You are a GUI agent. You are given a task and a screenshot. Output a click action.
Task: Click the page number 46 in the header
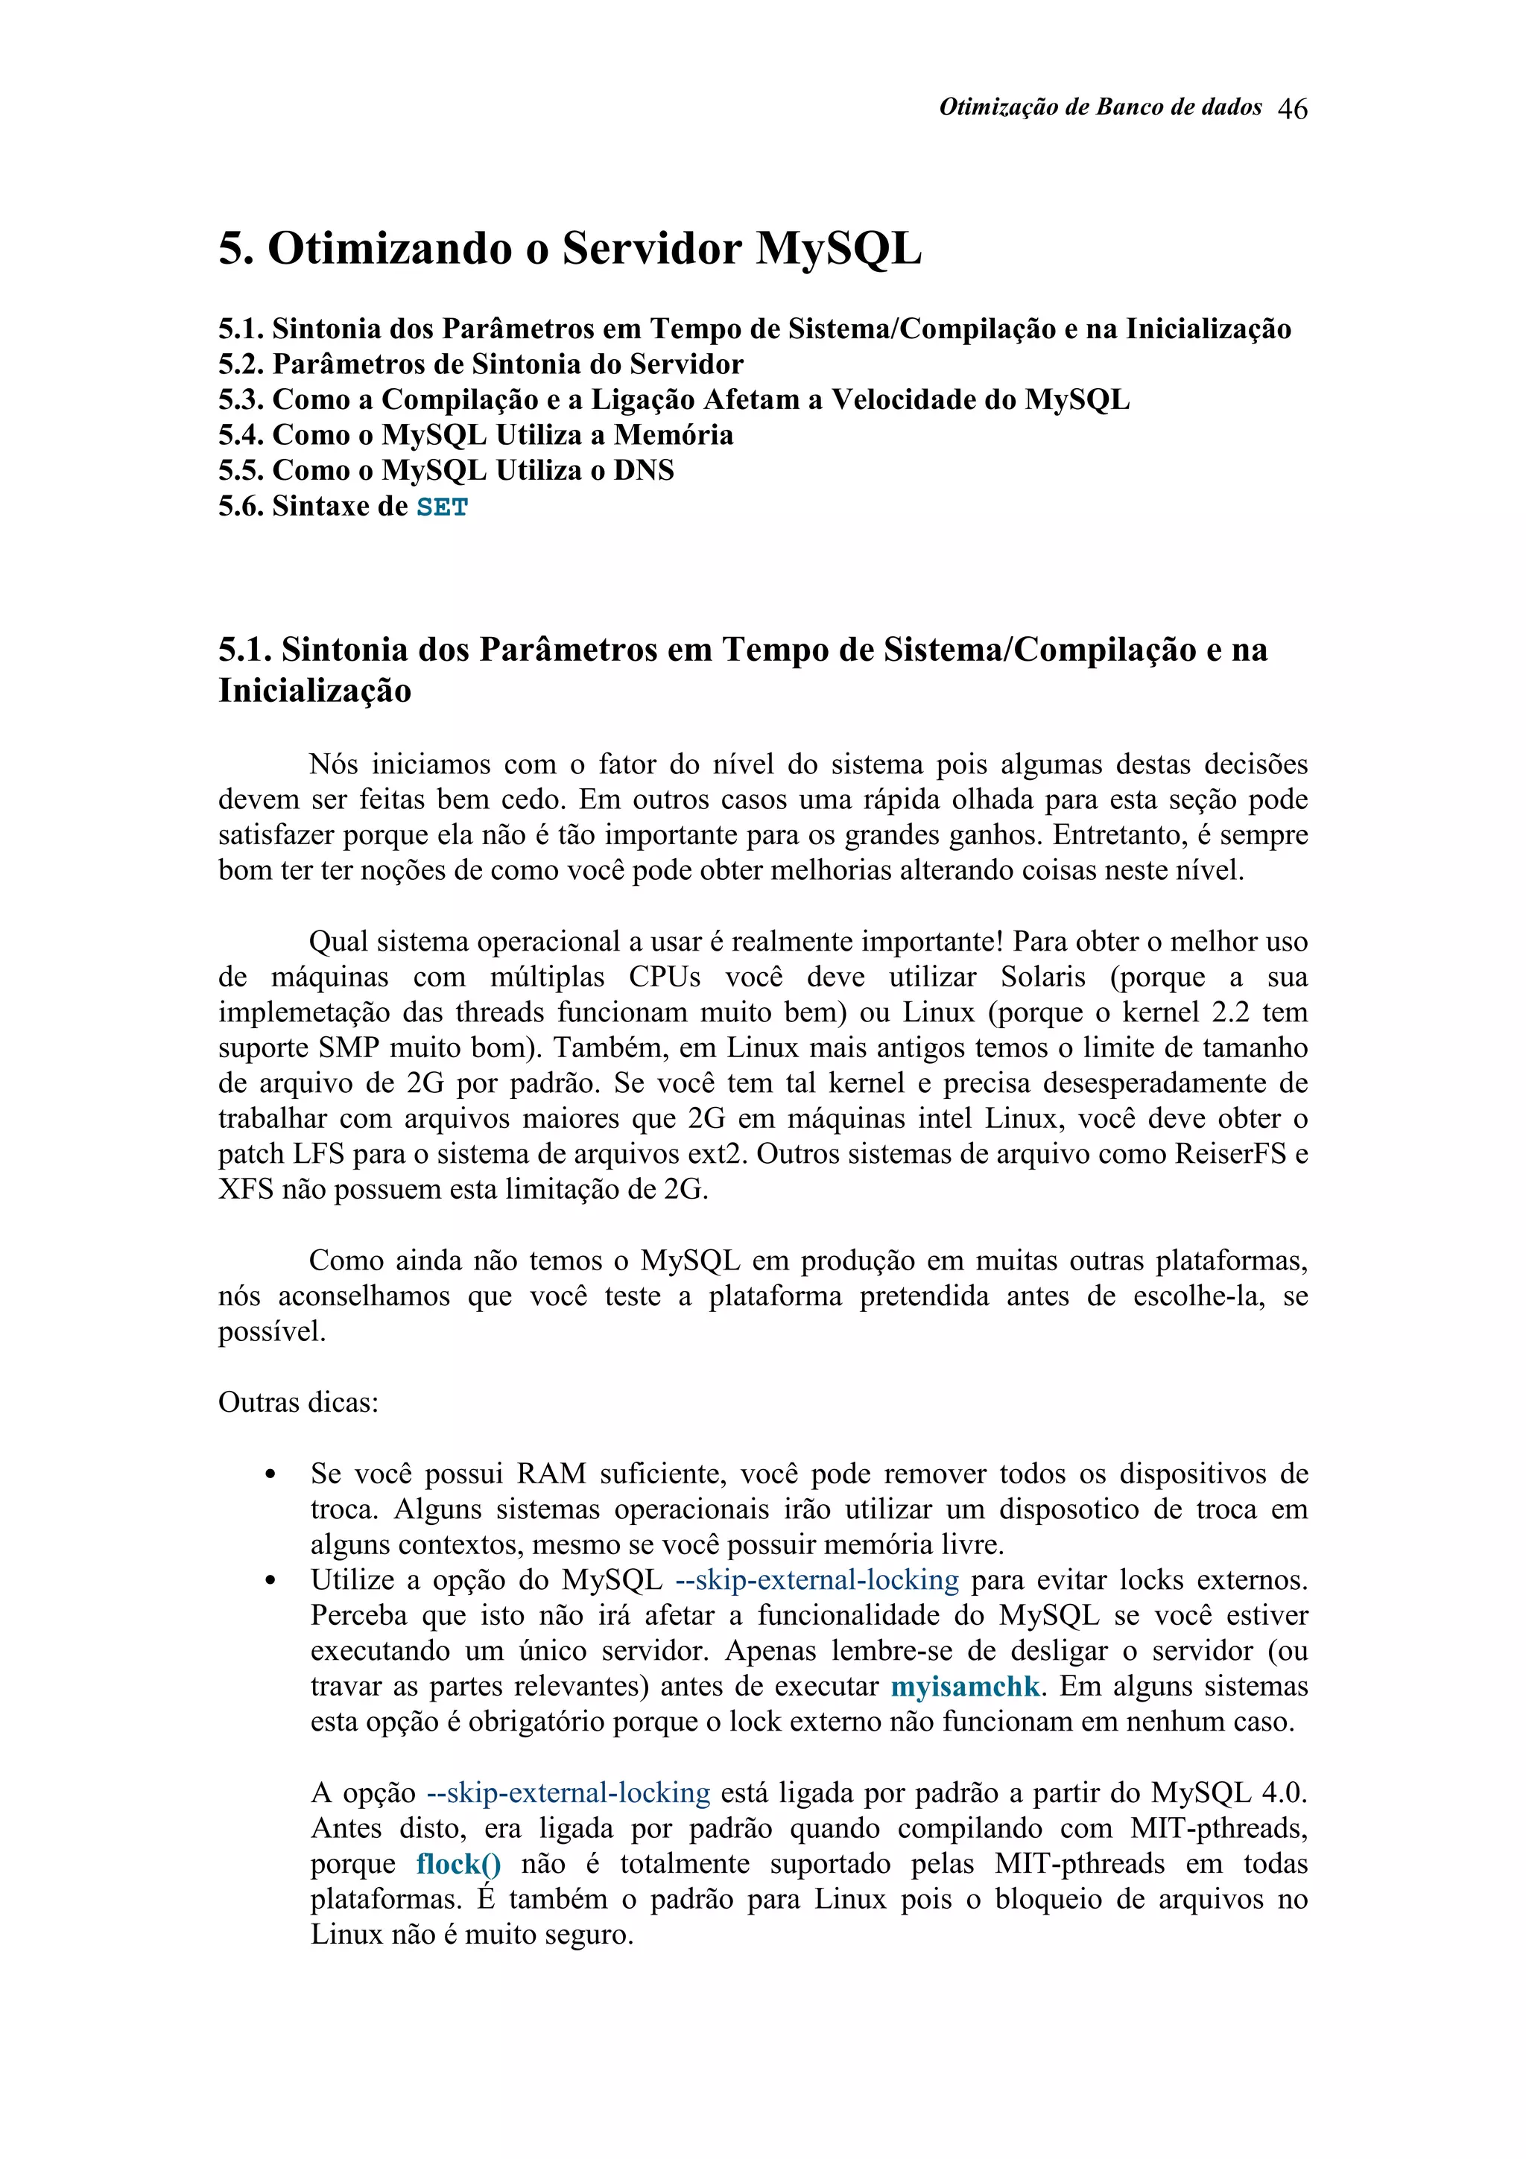click(1292, 109)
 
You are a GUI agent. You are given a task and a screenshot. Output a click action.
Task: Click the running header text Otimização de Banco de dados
click(1100, 107)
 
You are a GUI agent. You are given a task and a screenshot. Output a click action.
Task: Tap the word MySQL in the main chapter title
click(839, 249)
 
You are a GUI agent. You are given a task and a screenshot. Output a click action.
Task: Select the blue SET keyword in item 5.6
click(442, 508)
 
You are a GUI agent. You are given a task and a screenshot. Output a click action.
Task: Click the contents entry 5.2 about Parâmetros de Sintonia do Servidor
click(481, 364)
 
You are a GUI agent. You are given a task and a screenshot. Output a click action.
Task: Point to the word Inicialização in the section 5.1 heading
click(315, 691)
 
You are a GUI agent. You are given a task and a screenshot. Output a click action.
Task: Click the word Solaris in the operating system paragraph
click(1042, 977)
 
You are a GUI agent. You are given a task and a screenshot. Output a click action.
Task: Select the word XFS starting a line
click(245, 1190)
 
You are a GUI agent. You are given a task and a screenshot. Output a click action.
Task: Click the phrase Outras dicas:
click(299, 1402)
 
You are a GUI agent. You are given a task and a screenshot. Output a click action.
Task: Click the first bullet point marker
click(270, 1475)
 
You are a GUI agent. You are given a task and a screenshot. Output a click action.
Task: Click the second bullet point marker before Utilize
click(270, 1582)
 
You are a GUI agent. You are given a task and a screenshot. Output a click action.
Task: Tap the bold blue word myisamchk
click(965, 1686)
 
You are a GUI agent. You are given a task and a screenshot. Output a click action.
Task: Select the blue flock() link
click(458, 1864)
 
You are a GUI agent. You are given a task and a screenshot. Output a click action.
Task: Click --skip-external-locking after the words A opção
click(568, 1793)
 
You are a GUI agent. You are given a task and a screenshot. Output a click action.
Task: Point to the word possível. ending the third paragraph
click(272, 1331)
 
